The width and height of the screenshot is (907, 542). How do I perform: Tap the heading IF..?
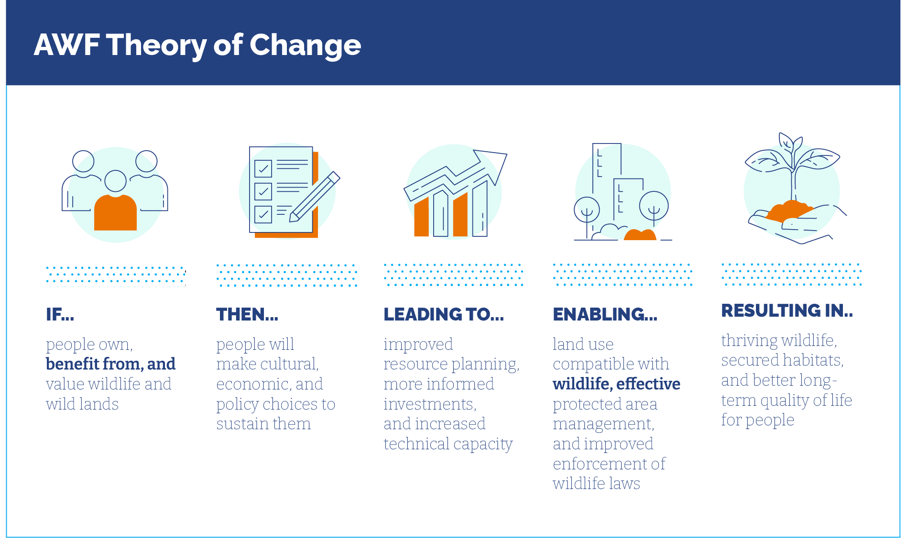pyautogui.click(x=60, y=314)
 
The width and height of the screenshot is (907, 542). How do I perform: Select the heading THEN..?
pyautogui.click(x=247, y=314)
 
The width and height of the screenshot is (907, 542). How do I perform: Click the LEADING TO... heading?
pyautogui.click(x=444, y=314)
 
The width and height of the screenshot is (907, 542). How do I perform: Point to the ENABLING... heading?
pyautogui.click(x=605, y=314)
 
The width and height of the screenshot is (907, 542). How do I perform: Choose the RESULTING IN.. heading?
pyautogui.click(x=787, y=310)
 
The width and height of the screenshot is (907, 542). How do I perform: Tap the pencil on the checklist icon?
pyautogui.click(x=315, y=197)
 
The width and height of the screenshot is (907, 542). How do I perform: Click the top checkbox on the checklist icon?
pyautogui.click(x=263, y=168)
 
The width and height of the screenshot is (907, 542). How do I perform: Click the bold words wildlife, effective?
pyautogui.click(x=616, y=384)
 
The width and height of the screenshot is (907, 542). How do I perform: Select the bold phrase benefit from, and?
pyautogui.click(x=110, y=364)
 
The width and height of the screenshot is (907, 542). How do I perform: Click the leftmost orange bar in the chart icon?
pyautogui.click(x=421, y=217)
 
